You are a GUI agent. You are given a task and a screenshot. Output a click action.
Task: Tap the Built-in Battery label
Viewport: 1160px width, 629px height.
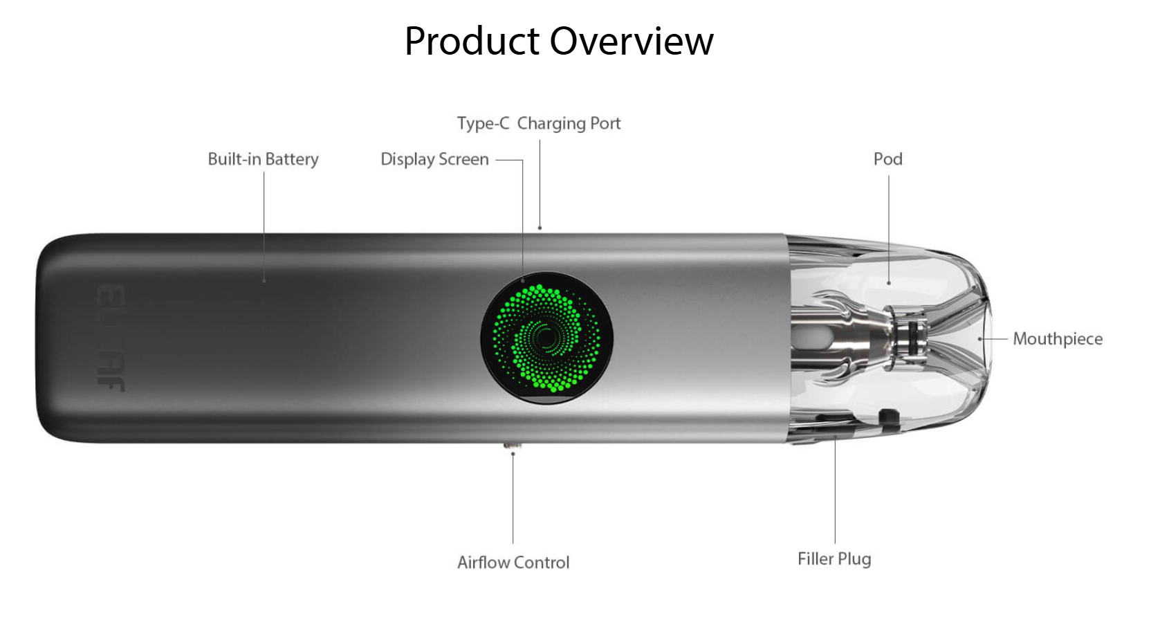263,159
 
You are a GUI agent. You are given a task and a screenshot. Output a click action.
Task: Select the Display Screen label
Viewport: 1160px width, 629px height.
434,159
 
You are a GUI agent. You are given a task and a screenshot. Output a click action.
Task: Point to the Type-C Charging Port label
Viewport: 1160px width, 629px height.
538,123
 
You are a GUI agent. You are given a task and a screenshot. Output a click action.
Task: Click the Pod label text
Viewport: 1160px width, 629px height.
887,159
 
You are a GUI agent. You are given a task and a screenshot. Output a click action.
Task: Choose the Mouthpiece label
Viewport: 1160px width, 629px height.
1057,339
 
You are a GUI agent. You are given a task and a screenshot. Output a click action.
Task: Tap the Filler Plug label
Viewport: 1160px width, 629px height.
834,559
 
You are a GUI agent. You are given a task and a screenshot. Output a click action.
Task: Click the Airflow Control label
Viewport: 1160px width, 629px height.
513,563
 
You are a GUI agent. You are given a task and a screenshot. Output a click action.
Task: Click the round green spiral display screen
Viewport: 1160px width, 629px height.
546,338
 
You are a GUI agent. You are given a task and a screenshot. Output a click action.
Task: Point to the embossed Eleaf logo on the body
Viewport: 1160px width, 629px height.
111,337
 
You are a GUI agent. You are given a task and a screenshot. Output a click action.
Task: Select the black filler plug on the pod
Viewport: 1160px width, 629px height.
887,416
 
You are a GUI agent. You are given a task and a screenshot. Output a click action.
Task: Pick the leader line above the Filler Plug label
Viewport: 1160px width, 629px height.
835,491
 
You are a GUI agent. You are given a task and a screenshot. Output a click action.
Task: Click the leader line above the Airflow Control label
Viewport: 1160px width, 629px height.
513,498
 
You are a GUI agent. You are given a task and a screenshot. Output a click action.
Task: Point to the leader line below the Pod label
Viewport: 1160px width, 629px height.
889,228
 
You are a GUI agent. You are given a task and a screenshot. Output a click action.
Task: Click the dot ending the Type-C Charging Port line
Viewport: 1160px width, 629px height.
540,228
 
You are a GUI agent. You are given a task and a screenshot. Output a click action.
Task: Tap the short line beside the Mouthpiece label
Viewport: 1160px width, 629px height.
995,339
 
